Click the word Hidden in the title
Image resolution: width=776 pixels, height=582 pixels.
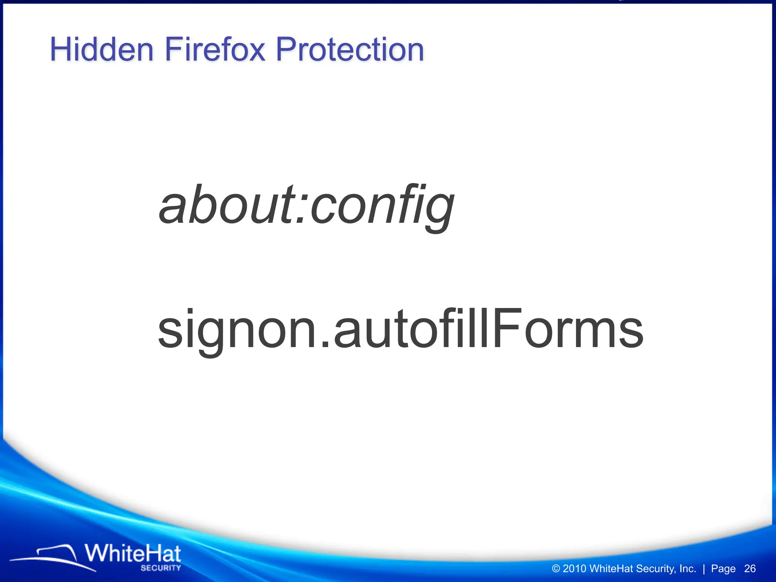click(102, 50)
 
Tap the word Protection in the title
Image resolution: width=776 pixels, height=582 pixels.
click(350, 50)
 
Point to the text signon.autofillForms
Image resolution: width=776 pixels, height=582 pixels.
click(400, 329)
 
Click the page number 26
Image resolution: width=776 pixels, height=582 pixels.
click(750, 568)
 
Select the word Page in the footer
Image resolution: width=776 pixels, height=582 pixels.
click(723, 569)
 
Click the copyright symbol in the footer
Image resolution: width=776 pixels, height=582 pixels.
click(556, 569)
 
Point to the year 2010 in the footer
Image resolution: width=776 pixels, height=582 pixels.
click(574, 569)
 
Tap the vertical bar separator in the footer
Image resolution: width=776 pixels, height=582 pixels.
click(704, 569)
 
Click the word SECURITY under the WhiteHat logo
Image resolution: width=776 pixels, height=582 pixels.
click(161, 568)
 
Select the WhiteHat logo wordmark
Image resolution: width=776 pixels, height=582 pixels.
click(133, 554)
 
